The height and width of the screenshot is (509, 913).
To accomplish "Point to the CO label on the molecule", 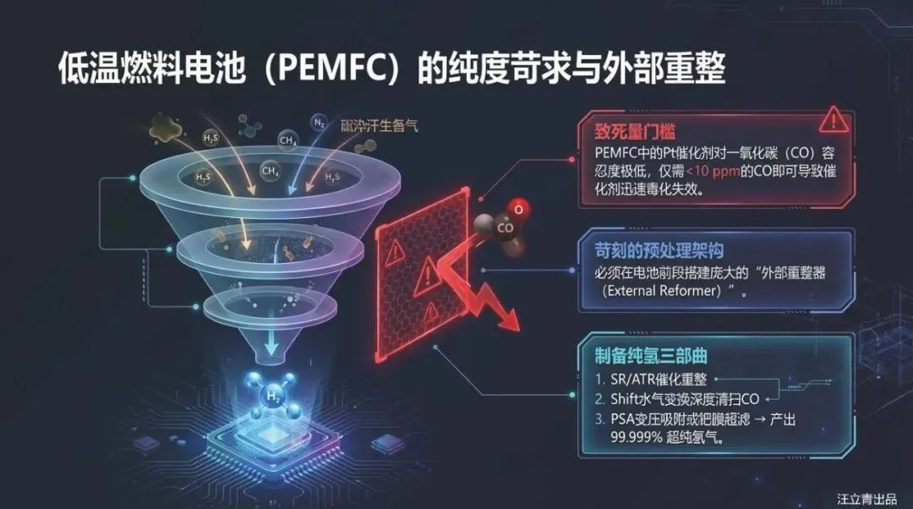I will (x=506, y=227).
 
